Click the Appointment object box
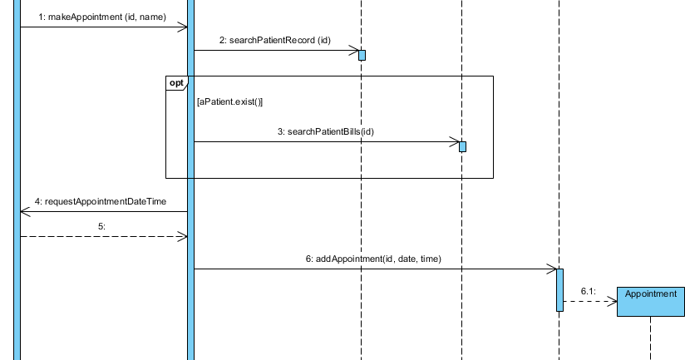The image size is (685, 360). [x=650, y=301]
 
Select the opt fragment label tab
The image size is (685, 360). [x=177, y=82]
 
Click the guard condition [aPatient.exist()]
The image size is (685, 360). [x=229, y=101]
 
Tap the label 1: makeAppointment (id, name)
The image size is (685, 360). [x=102, y=17]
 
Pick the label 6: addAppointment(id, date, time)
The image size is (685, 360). [x=373, y=259]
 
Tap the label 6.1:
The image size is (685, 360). [x=588, y=291]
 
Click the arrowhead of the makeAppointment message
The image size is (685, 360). [x=182, y=27]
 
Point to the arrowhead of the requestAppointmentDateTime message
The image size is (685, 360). [x=25, y=211]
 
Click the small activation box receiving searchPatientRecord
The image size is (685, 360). [x=362, y=55]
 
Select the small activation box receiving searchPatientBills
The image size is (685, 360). [x=463, y=146]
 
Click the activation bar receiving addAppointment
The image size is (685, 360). [x=559, y=289]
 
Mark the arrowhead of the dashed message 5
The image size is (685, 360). [x=182, y=236]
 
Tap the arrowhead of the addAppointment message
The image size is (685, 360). [x=551, y=269]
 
